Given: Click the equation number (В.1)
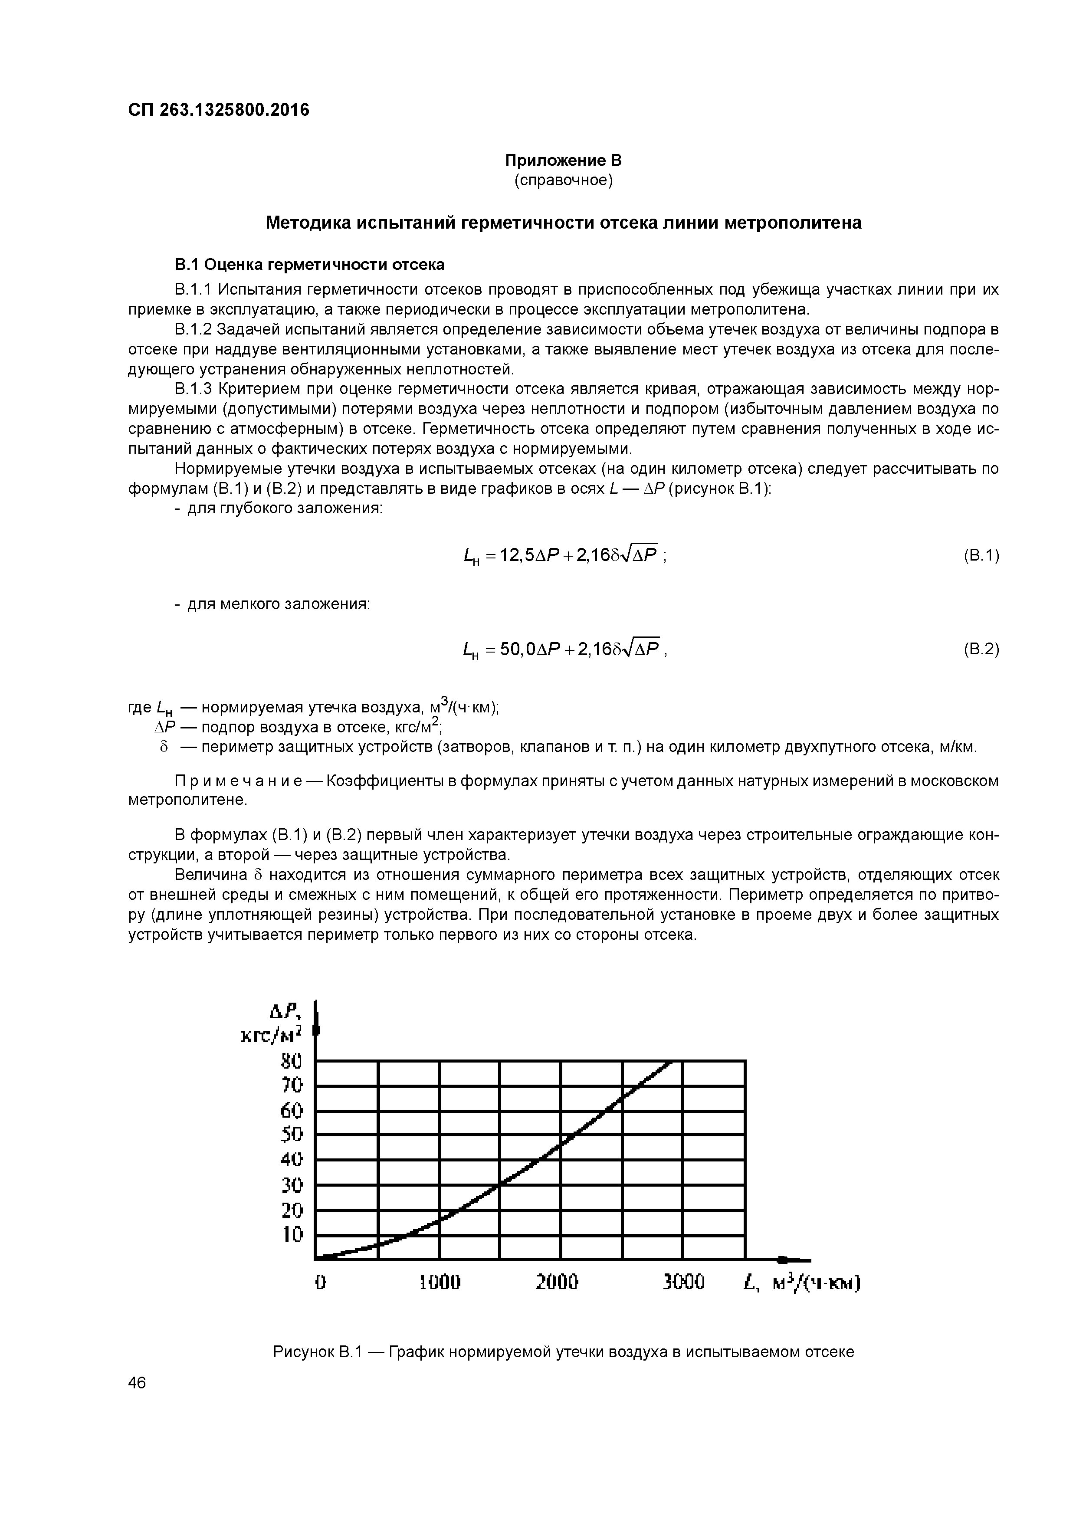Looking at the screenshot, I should [981, 555].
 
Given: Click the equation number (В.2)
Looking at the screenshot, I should [981, 649].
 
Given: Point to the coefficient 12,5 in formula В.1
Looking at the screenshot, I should [518, 555].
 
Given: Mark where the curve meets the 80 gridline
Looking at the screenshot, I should [671, 1061].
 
